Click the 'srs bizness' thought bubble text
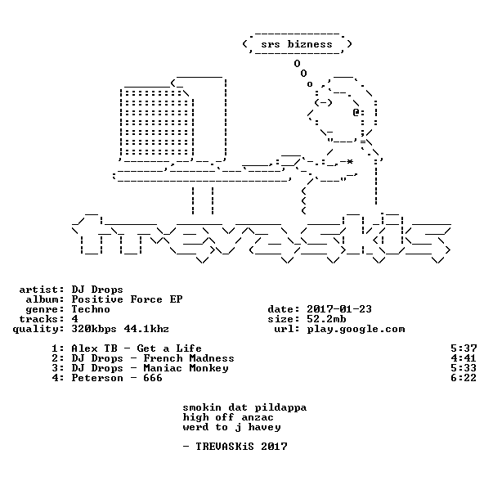point(297,44)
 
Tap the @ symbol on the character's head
point(356,112)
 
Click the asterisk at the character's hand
point(350,162)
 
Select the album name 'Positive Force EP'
point(127,299)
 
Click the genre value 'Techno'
point(91,309)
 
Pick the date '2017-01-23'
point(339,309)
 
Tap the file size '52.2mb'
point(326,319)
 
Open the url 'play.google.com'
point(356,330)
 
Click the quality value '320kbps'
point(94,329)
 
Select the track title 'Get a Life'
point(169,348)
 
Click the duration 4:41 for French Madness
point(464,358)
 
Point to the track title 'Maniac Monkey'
point(186,368)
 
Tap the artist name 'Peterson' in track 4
point(97,378)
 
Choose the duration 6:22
point(464,378)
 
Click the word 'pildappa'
point(280,407)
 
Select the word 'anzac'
point(258,418)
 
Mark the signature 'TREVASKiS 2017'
point(241,447)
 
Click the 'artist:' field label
point(42,290)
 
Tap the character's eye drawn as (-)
point(323,102)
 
